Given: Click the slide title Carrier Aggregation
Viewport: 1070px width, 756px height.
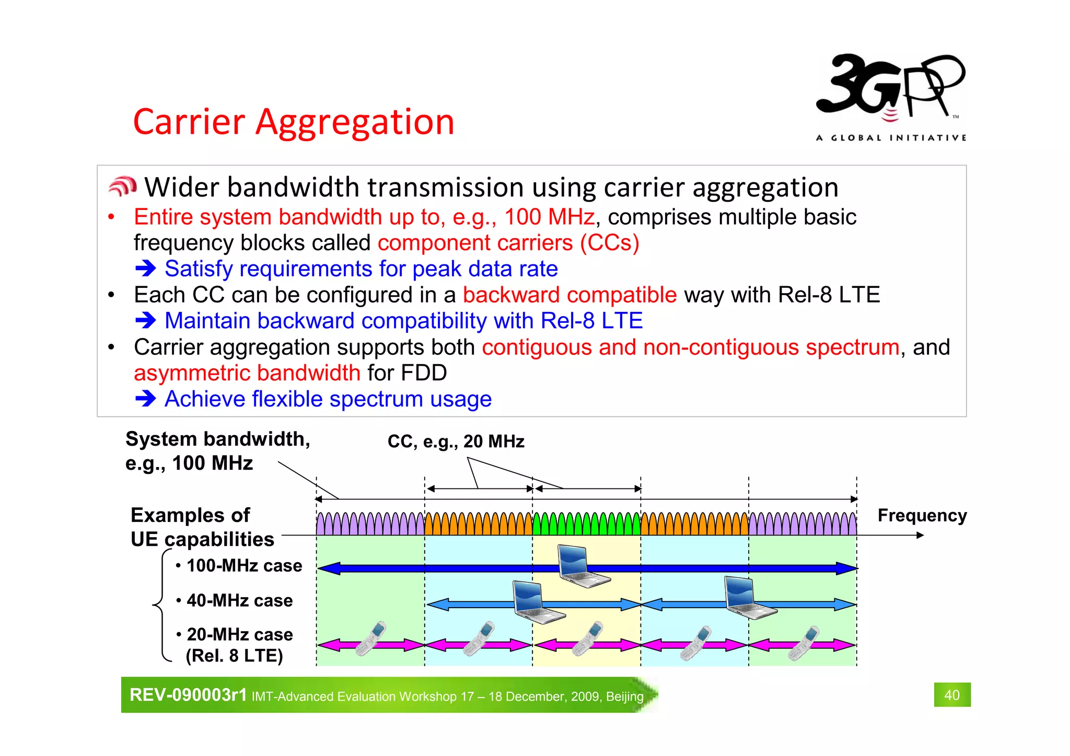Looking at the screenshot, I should point(294,122).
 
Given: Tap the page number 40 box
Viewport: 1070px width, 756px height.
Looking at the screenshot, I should point(952,695).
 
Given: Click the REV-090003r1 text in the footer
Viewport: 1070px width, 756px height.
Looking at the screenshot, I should point(188,695).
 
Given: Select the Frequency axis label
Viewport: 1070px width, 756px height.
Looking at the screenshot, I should point(922,515).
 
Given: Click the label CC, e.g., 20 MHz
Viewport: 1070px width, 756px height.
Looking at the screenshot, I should point(456,441).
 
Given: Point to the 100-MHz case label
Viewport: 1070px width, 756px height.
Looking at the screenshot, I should point(243,566).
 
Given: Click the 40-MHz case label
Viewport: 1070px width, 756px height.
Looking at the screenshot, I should point(239,601).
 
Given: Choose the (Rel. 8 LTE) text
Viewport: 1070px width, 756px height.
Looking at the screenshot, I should point(234,656).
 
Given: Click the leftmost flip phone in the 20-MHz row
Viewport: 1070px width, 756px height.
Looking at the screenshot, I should point(370,638).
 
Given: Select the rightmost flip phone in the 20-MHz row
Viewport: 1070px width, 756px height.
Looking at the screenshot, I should point(803,643).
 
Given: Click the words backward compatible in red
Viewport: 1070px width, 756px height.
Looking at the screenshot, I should point(569,295).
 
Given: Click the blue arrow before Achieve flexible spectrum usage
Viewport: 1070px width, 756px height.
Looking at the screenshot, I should point(146,399).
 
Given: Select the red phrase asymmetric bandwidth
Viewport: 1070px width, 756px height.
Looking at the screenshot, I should point(247,373).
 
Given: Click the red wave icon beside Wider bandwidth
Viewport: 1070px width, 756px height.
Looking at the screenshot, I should point(123,187).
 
